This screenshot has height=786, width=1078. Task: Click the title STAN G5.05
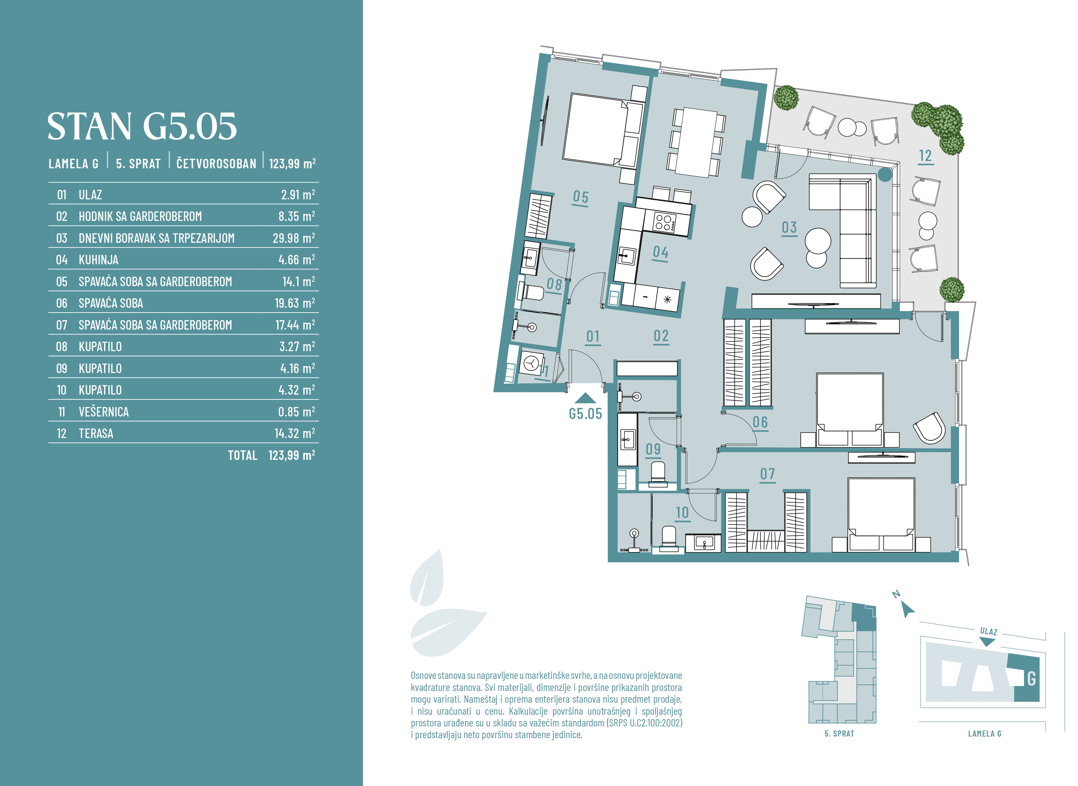(x=142, y=126)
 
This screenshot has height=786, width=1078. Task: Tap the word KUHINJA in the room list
(x=99, y=260)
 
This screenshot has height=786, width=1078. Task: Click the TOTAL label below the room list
(x=242, y=455)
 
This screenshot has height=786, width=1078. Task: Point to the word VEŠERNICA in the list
(x=104, y=412)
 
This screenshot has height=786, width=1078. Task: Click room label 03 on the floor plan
(x=789, y=228)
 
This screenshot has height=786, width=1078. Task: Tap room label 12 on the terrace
(x=925, y=156)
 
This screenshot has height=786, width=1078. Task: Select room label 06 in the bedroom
(x=760, y=422)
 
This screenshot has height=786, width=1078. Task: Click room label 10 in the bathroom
(x=682, y=512)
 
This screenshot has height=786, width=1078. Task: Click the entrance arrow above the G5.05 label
(x=585, y=399)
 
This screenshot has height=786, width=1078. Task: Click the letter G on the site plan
(x=1031, y=679)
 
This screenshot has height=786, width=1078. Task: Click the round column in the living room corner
(x=885, y=175)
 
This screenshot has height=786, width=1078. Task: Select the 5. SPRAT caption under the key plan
(x=839, y=734)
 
